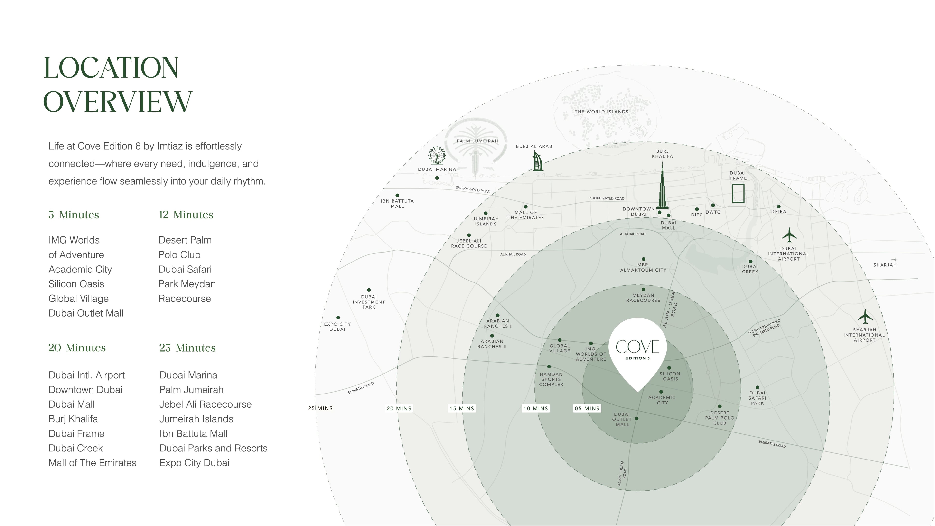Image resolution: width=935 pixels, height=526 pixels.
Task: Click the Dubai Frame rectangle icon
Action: coord(738,193)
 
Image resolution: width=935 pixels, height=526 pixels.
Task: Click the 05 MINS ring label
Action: coord(587,408)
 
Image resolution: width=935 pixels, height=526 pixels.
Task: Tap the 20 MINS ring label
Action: coord(399,408)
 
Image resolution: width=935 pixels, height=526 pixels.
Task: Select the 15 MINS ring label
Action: coord(462,408)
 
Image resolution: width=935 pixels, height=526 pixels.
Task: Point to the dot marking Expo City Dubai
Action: coord(338,318)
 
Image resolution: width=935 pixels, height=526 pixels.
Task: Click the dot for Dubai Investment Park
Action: coord(369,290)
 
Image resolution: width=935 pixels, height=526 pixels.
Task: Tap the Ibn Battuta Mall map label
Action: coord(397,204)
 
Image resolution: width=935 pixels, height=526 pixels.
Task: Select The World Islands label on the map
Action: coord(601,112)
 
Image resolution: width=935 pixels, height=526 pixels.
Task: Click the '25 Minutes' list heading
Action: coord(187,348)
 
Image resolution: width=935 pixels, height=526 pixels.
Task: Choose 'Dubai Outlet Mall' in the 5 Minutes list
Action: coord(86,313)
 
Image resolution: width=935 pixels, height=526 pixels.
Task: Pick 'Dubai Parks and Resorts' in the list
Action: coord(214,448)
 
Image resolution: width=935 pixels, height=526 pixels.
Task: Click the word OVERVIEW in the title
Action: coord(118,101)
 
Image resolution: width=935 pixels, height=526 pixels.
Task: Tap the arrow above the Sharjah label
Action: coord(894,260)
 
